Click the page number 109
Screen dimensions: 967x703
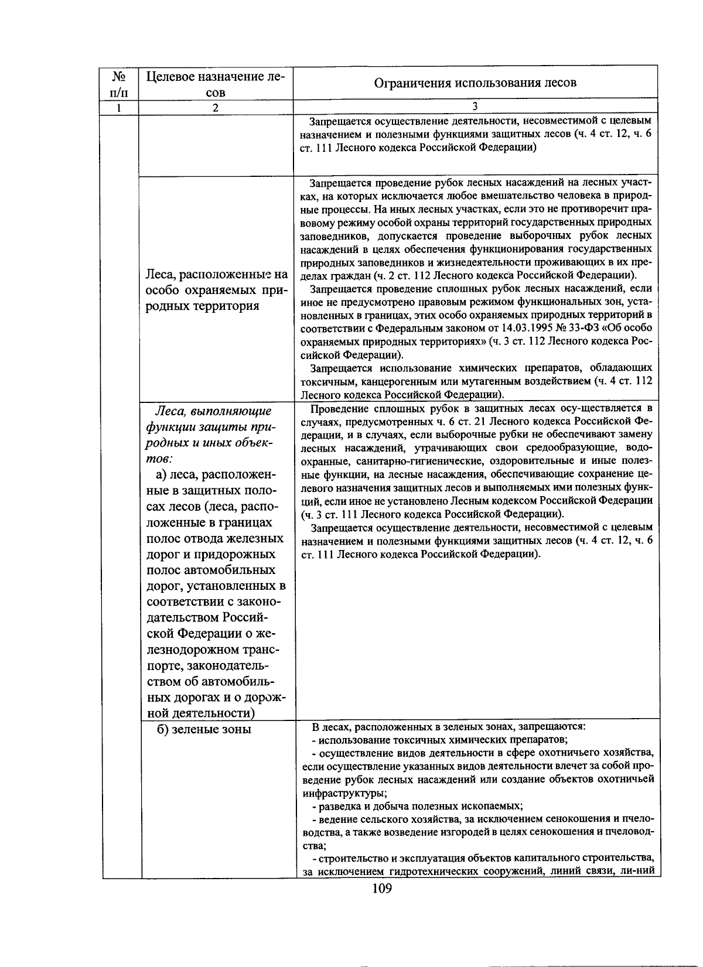381,890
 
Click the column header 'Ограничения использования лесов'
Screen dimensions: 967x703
475,83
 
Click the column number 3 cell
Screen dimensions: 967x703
475,107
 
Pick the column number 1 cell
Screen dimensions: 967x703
120,108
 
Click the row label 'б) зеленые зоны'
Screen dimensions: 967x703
204,729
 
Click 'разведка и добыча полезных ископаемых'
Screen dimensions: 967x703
417,806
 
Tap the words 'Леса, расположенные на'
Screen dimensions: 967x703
216,274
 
